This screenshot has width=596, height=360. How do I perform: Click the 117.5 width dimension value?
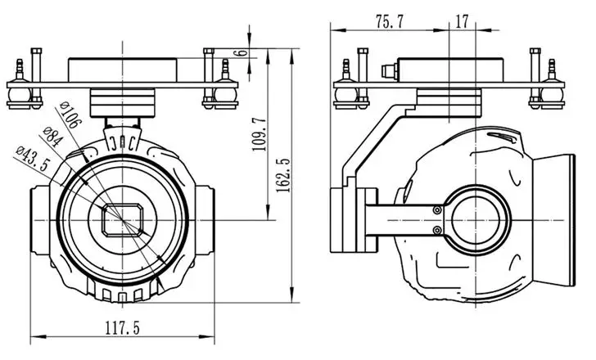123,328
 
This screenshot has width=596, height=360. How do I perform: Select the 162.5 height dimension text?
283,175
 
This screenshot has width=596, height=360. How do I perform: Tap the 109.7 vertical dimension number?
260,134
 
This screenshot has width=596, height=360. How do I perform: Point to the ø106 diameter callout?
70,115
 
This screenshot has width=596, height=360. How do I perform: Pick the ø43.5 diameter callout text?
33,159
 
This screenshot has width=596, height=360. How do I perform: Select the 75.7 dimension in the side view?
389,22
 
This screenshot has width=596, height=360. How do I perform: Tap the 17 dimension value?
462,21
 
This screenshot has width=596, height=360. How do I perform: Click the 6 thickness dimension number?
242,53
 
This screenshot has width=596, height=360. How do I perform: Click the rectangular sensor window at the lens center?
123,220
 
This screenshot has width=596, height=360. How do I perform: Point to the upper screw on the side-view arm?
437,210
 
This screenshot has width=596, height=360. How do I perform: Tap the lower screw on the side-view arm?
437,230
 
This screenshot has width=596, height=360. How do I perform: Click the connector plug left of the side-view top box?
389,70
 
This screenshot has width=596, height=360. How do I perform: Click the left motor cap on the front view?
40,220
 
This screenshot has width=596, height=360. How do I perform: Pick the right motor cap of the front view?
205,220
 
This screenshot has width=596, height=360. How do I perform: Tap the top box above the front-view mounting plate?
123,70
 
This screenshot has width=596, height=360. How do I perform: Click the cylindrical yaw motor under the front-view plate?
123,102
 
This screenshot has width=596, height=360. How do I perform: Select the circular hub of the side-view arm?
476,220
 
